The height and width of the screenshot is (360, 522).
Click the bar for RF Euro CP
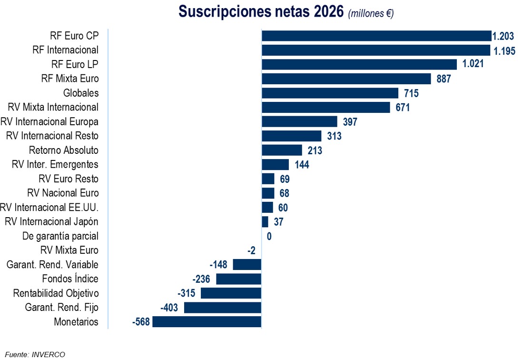point(376,36)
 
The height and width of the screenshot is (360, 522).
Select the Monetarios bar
point(207,322)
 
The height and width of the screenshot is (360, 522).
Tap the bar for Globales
point(330,93)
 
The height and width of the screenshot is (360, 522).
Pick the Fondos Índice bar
point(239,279)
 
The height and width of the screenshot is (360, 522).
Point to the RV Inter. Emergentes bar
point(276,165)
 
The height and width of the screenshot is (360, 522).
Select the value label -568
point(141,322)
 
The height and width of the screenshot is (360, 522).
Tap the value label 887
point(443,79)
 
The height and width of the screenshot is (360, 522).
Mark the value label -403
point(169,308)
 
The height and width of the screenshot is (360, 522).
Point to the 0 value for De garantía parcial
point(269,236)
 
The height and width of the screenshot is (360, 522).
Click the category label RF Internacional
point(66,50)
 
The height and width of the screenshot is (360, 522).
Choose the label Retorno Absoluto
point(64,150)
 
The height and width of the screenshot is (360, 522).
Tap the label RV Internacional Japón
point(51,222)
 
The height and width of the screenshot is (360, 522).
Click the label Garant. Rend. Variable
point(52,265)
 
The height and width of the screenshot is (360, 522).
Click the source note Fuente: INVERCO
point(35,354)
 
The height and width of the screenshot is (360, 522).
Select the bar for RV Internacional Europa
point(299,121)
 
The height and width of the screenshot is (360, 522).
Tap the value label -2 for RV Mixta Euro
point(252,250)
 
